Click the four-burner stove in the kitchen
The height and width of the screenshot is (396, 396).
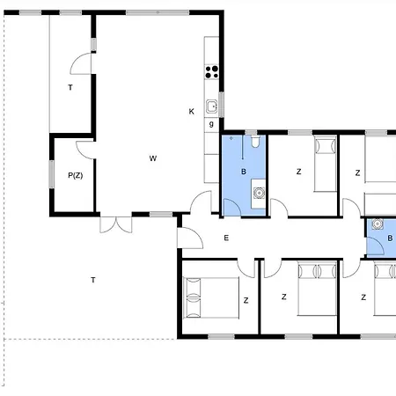pyautogui.click(x=212, y=72)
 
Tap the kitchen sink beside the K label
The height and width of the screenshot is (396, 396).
pyautogui.click(x=211, y=106)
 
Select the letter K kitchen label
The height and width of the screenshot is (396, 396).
pyautogui.click(x=191, y=112)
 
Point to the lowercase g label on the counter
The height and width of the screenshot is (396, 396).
pyautogui.click(x=211, y=124)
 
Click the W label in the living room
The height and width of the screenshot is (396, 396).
pyautogui.click(x=153, y=158)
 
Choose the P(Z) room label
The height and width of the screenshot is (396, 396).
pyautogui.click(x=76, y=175)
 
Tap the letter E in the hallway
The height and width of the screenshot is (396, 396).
pyautogui.click(x=226, y=238)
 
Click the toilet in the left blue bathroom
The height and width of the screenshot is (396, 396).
pyautogui.click(x=255, y=142)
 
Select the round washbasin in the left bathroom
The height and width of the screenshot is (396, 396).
pyautogui.click(x=259, y=193)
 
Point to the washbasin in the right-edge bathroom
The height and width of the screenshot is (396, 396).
pyautogui.click(x=378, y=224)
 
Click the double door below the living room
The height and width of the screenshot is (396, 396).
pyautogui.click(x=116, y=225)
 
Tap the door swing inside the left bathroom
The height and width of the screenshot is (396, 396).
pyautogui.click(x=232, y=208)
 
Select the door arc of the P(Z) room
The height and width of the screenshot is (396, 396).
pyautogui.click(x=84, y=150)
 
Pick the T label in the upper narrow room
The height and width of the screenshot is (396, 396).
pyautogui.click(x=70, y=87)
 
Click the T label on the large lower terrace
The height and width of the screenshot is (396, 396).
pyautogui.click(x=93, y=280)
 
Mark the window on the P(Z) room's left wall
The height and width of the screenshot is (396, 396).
pyautogui.click(x=52, y=174)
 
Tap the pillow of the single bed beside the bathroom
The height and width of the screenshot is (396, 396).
pyautogui.click(x=325, y=146)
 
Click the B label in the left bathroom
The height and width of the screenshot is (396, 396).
pyautogui.click(x=244, y=172)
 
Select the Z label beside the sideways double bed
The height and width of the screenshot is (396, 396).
pyautogui.click(x=246, y=300)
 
